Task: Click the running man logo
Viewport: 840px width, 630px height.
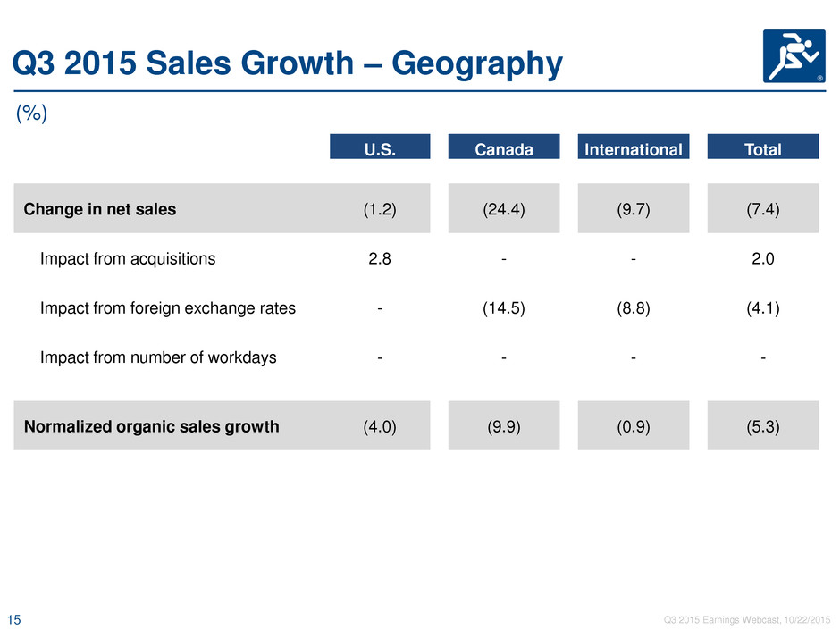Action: (x=794, y=56)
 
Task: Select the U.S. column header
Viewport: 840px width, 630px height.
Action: (x=380, y=147)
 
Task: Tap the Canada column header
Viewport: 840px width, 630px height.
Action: (x=504, y=147)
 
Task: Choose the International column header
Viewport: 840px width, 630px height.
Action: (x=634, y=147)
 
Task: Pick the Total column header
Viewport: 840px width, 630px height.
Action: (x=763, y=147)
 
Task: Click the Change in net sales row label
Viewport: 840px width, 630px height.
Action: (x=100, y=209)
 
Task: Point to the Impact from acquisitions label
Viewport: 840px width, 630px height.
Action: (x=128, y=259)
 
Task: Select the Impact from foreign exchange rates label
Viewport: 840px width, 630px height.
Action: (x=168, y=308)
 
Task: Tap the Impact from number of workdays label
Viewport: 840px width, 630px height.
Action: (x=158, y=357)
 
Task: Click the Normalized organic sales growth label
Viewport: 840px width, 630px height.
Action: (x=152, y=426)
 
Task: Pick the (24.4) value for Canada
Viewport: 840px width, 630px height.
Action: (x=504, y=209)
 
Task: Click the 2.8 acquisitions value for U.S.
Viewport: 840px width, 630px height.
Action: (x=380, y=259)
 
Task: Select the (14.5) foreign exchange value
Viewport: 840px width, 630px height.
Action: (x=504, y=308)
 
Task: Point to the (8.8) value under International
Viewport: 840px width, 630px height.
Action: (x=634, y=308)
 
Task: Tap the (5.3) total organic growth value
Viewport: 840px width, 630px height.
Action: (x=763, y=426)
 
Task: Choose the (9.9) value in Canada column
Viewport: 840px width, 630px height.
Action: (x=504, y=426)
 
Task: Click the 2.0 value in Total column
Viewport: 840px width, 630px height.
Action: (x=763, y=259)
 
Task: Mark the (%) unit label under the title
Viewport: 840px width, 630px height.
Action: (x=31, y=113)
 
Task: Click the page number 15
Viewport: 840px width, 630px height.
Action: (x=14, y=620)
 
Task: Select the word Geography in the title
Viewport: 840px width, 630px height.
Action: (x=477, y=63)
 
